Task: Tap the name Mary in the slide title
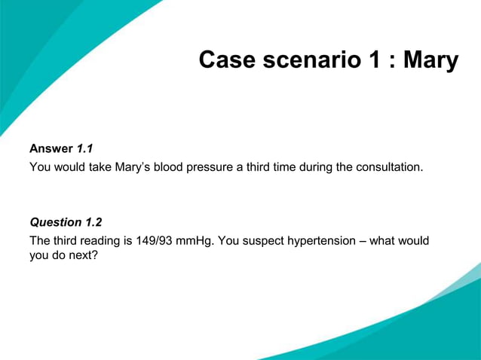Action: point(430,59)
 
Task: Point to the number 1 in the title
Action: point(374,59)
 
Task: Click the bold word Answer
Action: point(51,148)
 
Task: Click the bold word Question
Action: point(56,222)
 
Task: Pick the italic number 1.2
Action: point(93,222)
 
